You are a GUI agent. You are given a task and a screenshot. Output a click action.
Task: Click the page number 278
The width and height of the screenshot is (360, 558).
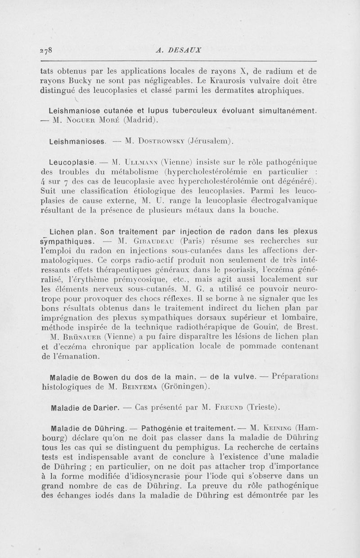coord(47,50)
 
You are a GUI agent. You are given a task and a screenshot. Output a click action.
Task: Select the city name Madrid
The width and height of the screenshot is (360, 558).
coord(139,120)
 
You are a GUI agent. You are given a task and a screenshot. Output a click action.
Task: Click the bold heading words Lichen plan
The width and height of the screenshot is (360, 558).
coord(72,232)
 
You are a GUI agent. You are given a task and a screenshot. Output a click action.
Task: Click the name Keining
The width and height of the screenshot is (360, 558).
coord(279,428)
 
